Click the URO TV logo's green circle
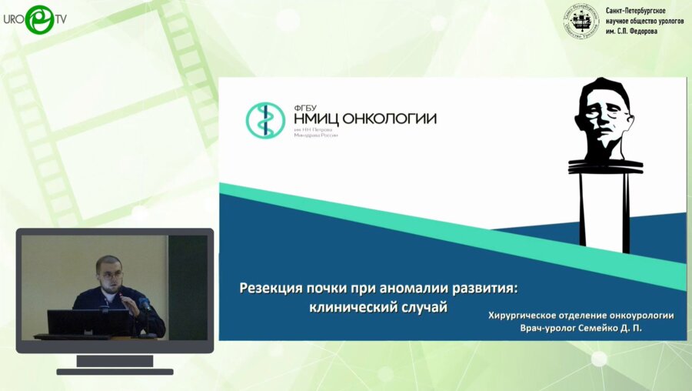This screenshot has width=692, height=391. (39, 18)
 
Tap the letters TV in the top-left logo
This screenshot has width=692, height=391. (59, 18)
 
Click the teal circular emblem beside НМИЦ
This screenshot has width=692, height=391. (265, 121)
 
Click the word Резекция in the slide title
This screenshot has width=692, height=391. (271, 289)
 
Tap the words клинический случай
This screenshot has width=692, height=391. (376, 306)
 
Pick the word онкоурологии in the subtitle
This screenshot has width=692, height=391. (634, 315)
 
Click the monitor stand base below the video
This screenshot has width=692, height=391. (115, 371)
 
